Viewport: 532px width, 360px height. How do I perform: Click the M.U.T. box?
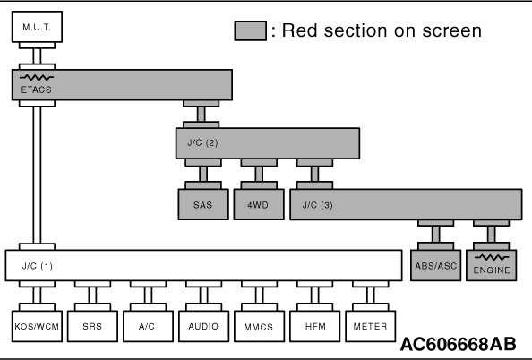point(37,27)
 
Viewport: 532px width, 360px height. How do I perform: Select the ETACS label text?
point(37,90)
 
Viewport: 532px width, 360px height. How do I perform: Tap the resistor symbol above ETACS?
point(37,78)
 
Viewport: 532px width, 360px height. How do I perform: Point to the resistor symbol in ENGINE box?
point(492,258)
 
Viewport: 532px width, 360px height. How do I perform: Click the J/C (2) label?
point(202,142)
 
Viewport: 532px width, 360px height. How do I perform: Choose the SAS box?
point(203,204)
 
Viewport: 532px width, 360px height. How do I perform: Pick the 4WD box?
point(259,204)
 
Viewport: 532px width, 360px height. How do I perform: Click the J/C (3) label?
point(318,205)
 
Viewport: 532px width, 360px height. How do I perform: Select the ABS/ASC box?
point(435,265)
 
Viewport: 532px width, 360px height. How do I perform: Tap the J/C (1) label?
point(38,266)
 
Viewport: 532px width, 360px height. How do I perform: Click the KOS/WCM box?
point(37,326)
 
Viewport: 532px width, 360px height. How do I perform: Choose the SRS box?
point(92,326)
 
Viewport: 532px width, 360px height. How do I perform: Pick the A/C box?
point(148,326)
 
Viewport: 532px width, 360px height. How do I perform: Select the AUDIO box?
point(203,326)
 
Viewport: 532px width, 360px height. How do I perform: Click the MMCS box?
point(259,326)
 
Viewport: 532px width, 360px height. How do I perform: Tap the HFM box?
point(315,326)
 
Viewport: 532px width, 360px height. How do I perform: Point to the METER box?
point(371,326)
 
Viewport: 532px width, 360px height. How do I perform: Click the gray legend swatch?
point(251,30)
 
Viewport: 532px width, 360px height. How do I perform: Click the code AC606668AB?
point(459,344)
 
